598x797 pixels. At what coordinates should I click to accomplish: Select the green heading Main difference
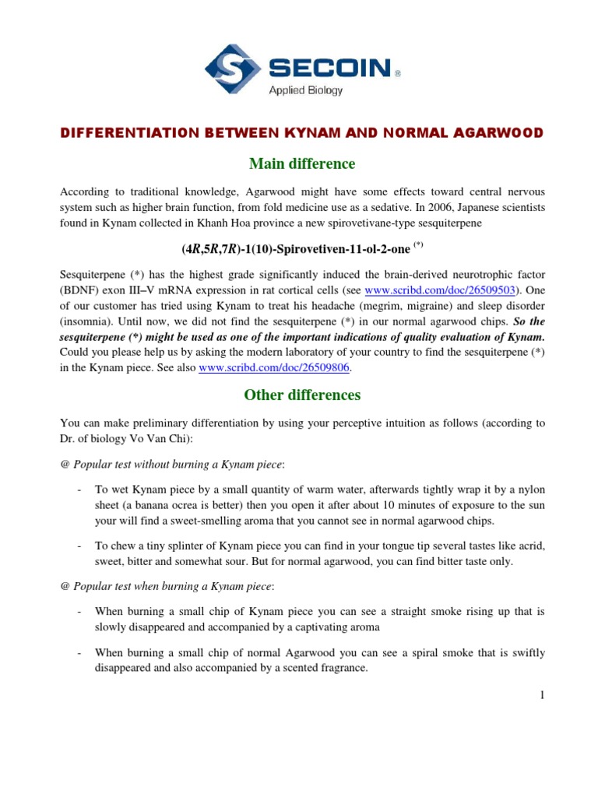coord(302,164)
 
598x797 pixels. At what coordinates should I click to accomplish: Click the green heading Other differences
coord(302,395)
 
